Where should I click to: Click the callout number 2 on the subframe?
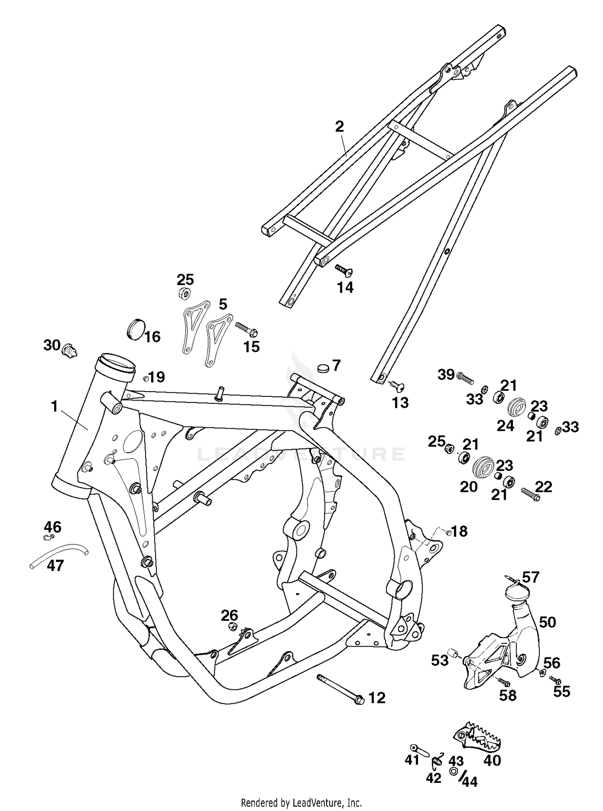click(x=340, y=127)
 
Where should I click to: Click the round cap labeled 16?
click(x=135, y=328)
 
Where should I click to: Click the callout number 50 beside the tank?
click(x=547, y=622)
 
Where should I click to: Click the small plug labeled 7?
click(x=323, y=368)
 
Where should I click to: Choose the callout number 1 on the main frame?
click(x=54, y=407)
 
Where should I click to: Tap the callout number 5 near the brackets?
click(x=223, y=304)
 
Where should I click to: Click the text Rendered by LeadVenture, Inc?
click(x=301, y=803)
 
